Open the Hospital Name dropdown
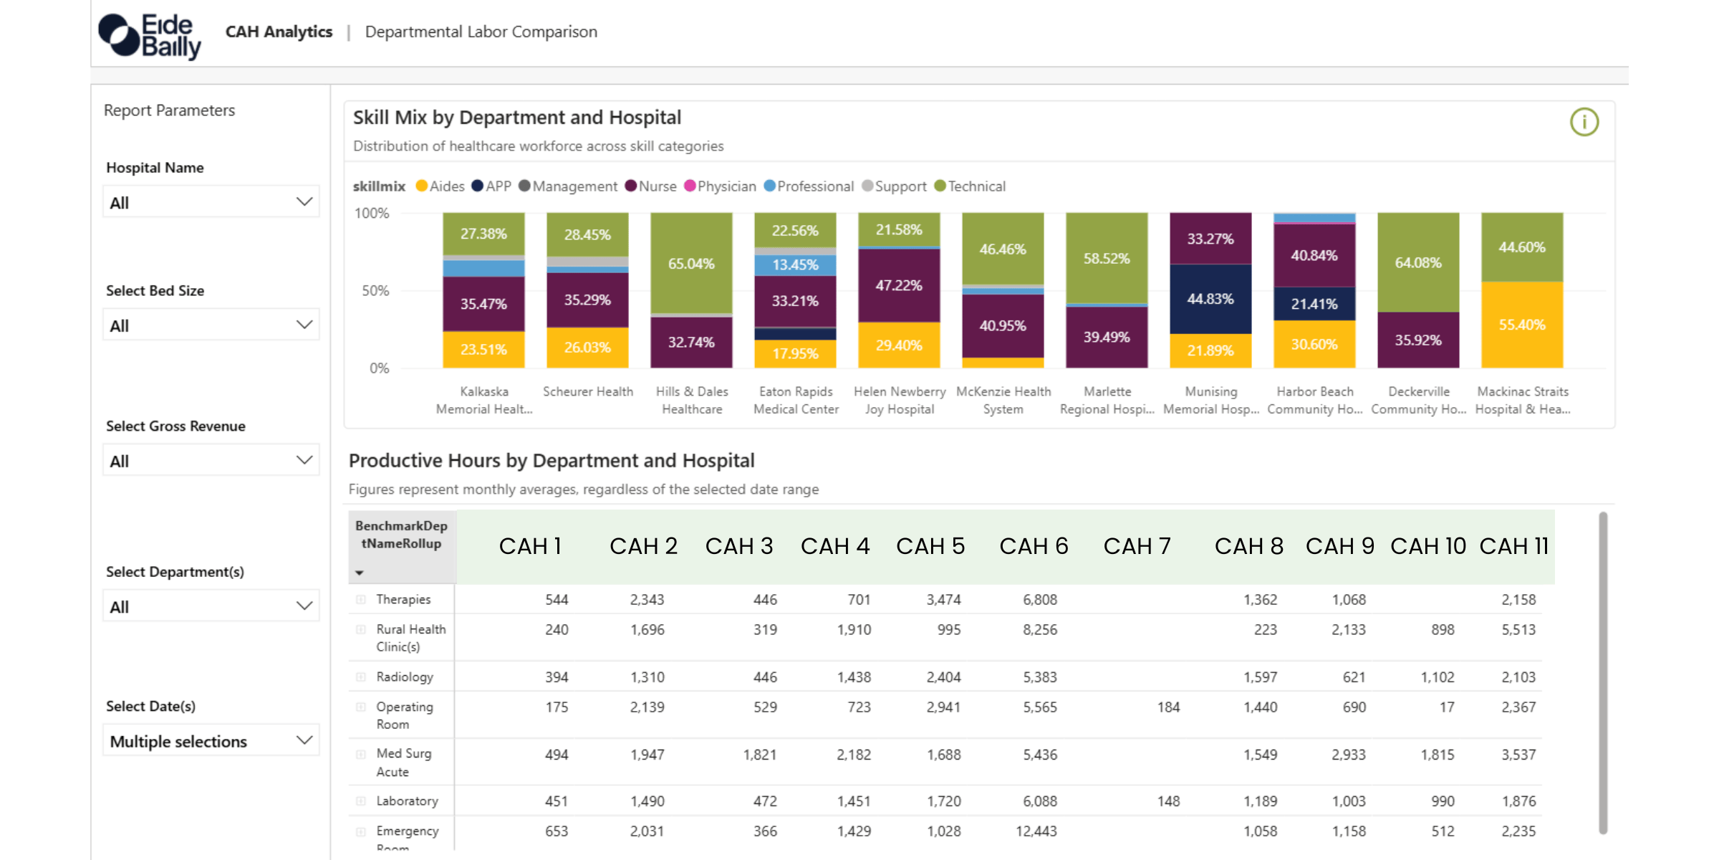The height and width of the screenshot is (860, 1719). click(211, 202)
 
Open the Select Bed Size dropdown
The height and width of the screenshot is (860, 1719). click(211, 325)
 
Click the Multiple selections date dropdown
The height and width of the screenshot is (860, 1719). click(211, 741)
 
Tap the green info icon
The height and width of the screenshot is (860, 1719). click(1584, 122)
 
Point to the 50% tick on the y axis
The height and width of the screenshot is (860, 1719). click(375, 291)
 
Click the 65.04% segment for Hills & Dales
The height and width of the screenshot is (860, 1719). click(691, 263)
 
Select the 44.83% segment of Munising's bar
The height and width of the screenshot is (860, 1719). click(1210, 299)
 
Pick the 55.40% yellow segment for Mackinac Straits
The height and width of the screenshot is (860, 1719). click(1522, 325)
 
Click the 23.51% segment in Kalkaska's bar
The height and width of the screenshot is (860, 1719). click(483, 349)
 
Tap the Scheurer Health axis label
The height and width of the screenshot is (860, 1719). click(587, 392)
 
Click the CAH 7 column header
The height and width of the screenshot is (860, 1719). click(1137, 546)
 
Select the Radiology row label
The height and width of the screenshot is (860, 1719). click(405, 677)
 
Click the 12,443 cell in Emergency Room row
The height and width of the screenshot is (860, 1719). click(1036, 831)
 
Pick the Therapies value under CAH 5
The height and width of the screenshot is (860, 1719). click(943, 600)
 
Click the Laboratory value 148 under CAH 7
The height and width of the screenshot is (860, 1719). click(1168, 801)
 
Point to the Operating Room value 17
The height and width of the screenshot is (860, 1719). click(1447, 707)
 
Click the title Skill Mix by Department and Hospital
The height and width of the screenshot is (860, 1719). click(516, 118)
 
